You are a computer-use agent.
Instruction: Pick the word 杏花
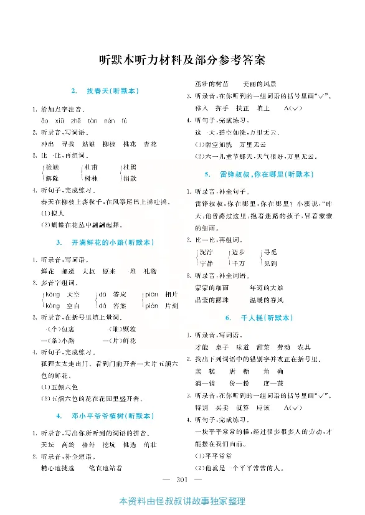(150, 143)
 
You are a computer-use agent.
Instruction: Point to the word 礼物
(149, 271)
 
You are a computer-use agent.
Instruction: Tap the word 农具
(304, 347)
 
